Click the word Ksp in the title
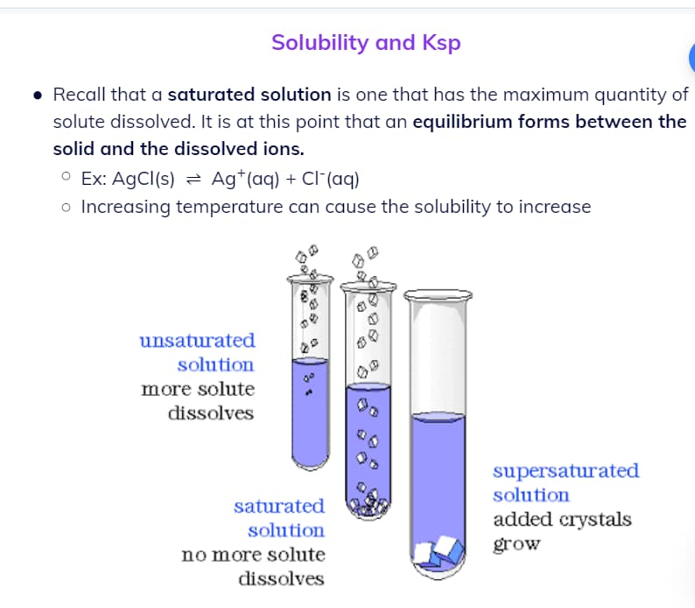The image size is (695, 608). [x=441, y=44]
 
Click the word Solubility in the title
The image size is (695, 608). [x=320, y=44]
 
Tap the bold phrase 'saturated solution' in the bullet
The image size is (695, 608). [x=249, y=95]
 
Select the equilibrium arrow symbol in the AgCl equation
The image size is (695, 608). [x=193, y=180]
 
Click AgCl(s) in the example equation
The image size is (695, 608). [x=144, y=179]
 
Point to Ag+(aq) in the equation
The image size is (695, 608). [x=245, y=179]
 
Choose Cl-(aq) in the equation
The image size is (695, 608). [x=330, y=179]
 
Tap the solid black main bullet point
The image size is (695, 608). [x=39, y=95]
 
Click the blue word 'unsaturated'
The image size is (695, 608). [x=197, y=341]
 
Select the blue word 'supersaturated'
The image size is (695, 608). [x=566, y=471]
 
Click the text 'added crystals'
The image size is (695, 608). [x=563, y=520]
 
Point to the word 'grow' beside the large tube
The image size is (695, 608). [x=516, y=544]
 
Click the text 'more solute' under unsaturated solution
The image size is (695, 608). [x=198, y=389]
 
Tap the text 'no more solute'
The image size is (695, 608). [x=254, y=555]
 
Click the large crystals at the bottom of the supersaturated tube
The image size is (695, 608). [x=439, y=552]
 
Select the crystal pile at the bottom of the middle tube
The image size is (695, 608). [x=369, y=505]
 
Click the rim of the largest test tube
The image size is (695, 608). [x=438, y=295]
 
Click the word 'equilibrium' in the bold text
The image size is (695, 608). [x=462, y=122]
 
